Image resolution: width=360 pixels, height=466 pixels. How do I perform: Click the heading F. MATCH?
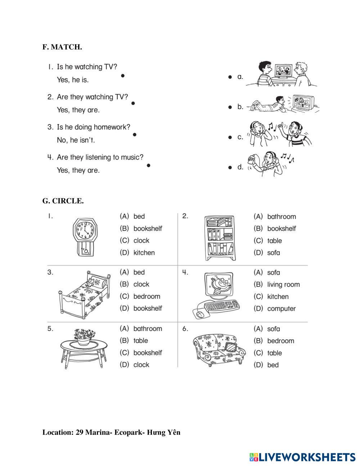coord(62,47)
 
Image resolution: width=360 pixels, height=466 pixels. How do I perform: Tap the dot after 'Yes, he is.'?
coord(123,76)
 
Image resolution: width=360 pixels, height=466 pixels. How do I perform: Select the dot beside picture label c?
coord(230,137)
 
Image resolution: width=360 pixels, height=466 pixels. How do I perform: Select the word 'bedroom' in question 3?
coord(147,296)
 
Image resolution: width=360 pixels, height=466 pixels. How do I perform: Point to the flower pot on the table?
coord(84,337)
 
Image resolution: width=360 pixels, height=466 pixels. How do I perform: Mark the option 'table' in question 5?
coord(140,341)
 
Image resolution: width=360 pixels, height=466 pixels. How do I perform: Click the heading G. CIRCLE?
coord(63,201)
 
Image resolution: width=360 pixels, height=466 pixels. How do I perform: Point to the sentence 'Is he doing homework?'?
coord(94,127)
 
